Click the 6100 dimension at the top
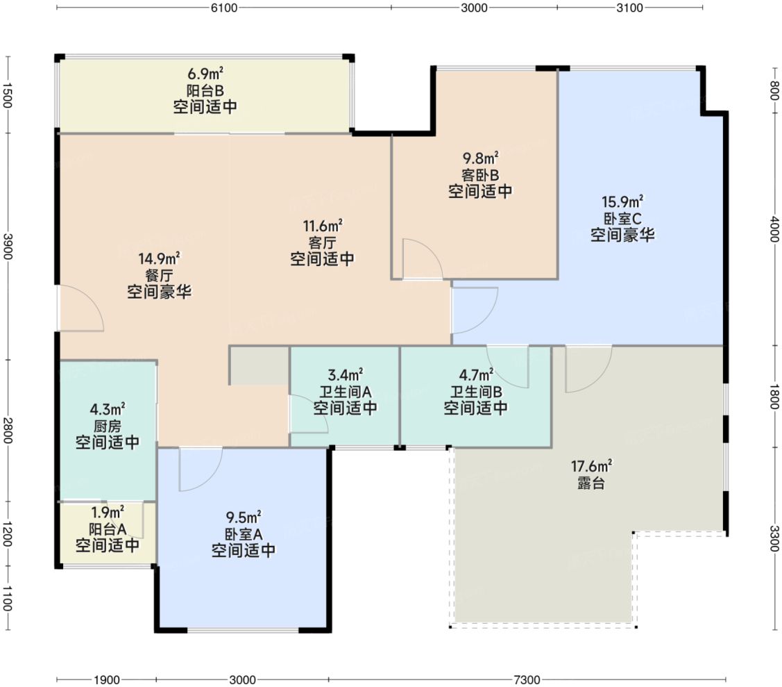tap(224, 8)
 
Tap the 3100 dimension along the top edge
tap(629, 8)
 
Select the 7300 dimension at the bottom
tap(527, 679)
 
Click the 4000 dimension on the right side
tap(774, 229)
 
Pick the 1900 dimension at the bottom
tap(106, 679)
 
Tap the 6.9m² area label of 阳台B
tap(205, 74)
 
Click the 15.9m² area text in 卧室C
tap(622, 201)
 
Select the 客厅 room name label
tap(322, 242)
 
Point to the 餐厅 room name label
tap(159, 275)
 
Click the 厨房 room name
tap(108, 426)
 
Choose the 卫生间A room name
tap(345, 392)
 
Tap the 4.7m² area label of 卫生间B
tap(476, 374)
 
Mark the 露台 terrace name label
tap(591, 483)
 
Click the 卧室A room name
tap(244, 534)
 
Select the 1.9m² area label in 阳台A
tap(108, 512)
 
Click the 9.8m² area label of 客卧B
tap(480, 158)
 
